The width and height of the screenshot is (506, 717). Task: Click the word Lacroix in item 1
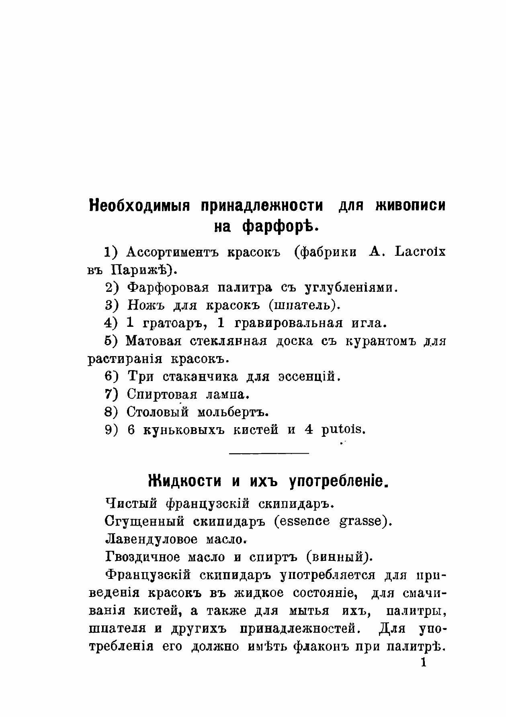point(420,252)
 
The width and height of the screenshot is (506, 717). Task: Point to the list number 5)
point(111,341)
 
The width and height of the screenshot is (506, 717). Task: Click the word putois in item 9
point(343,430)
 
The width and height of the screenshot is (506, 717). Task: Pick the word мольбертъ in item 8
point(232,412)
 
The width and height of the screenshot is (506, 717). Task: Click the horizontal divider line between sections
point(268,453)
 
